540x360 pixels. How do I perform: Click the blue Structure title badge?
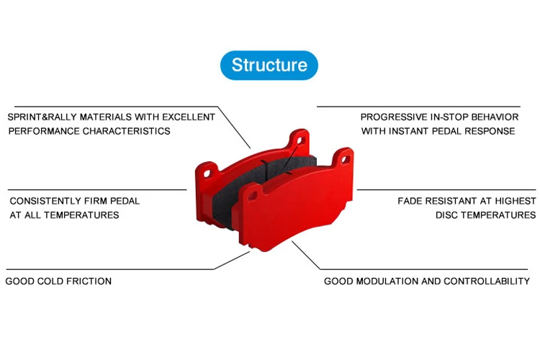click(269, 66)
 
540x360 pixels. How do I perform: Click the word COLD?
click(46, 281)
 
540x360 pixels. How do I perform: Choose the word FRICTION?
click(89, 281)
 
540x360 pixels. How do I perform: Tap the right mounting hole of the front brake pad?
click(344, 159)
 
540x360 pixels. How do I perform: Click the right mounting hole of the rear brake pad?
click(300, 140)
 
